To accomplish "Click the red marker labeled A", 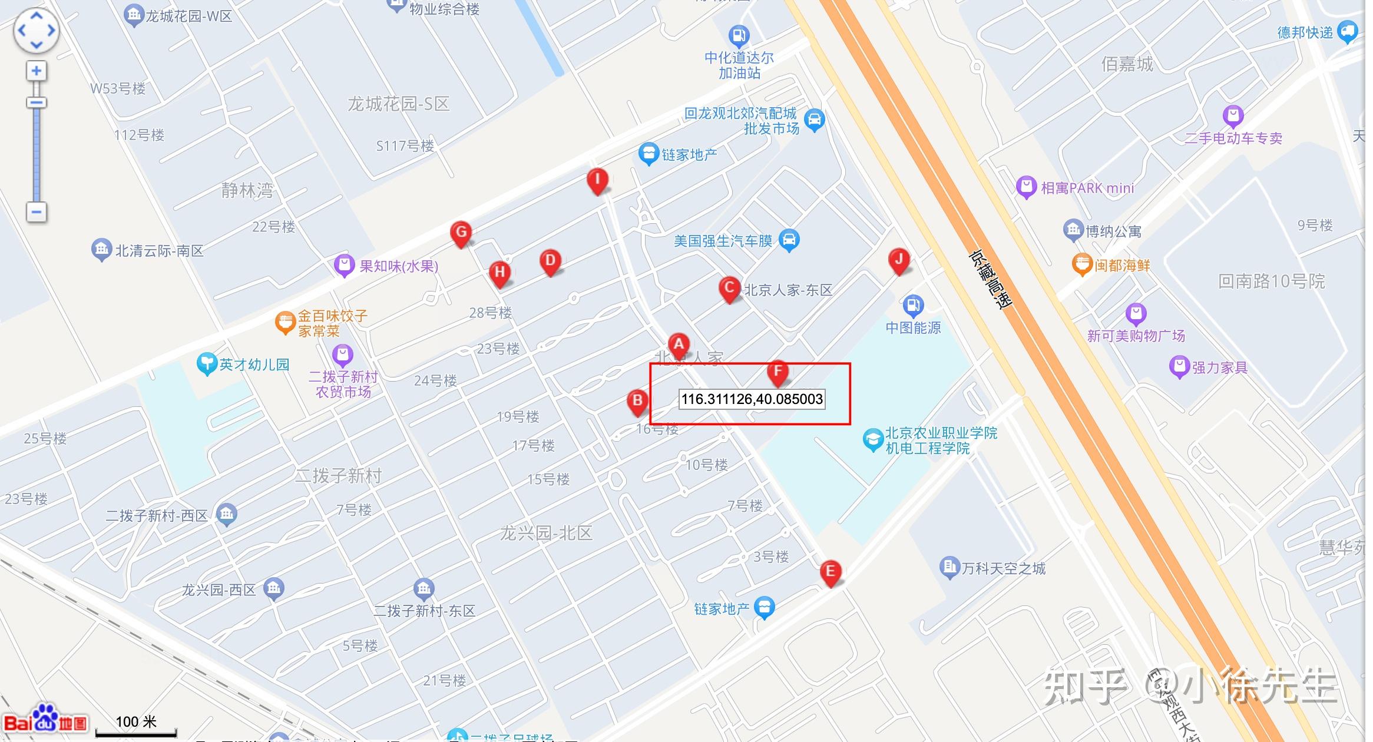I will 679,344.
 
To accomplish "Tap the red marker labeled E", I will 830,572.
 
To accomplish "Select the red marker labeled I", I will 597,180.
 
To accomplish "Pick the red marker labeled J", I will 899,260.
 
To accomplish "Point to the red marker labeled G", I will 461,233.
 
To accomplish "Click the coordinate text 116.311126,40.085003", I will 752,399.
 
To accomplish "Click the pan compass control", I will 36,30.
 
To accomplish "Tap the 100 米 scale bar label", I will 136,722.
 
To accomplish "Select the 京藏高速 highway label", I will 990,280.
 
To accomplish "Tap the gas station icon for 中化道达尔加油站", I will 739,36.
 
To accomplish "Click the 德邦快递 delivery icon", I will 1348,31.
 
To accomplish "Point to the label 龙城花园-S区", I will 398,104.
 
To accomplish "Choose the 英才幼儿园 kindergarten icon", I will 207,363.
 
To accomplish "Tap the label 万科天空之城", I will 1003,568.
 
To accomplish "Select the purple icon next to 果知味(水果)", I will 344,266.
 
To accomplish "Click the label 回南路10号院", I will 1271,281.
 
